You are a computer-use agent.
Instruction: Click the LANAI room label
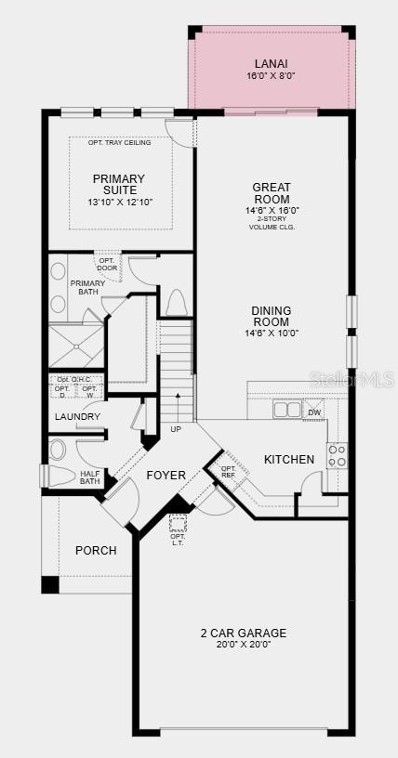coord(271,63)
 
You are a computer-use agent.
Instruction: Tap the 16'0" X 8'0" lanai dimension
coord(271,77)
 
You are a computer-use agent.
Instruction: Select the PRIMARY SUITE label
coord(118,185)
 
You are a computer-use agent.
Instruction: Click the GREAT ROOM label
coord(271,193)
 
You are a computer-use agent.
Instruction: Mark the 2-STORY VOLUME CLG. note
coord(271,222)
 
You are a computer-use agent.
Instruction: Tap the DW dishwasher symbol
coord(314,412)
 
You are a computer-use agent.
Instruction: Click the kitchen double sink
coord(286,410)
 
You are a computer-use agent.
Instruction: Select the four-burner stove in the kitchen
coord(337,455)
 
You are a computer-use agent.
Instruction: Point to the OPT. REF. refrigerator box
coord(229,470)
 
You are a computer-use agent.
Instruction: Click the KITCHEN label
coord(289,460)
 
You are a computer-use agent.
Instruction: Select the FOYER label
coord(166,476)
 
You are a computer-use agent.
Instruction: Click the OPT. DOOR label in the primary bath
coord(107,264)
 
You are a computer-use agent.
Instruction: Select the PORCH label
coord(96,551)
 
